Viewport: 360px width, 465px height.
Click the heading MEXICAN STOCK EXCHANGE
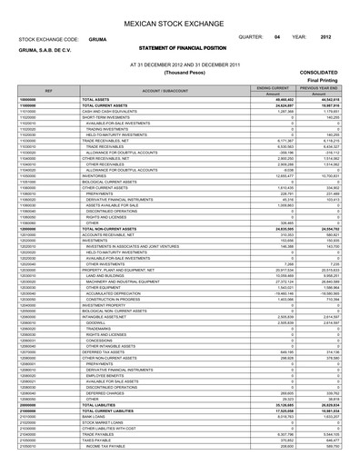coord(180,16)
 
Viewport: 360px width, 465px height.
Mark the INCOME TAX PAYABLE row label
coord(108,457)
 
